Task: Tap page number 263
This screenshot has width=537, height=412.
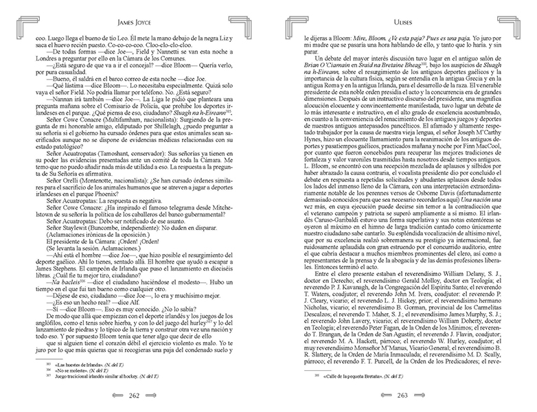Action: pos(402,396)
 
